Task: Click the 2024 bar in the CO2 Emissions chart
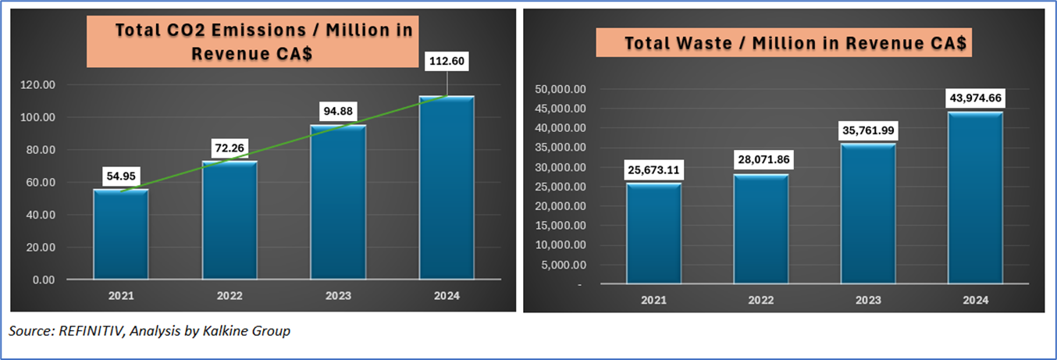[x=447, y=187]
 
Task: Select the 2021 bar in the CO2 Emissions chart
[x=121, y=234]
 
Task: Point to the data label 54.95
[x=121, y=176]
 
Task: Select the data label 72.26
[x=230, y=148]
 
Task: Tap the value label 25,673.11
[x=654, y=169]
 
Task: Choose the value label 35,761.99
[x=868, y=130]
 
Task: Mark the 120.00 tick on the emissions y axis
[x=37, y=84]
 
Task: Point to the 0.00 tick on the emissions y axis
[x=41, y=280]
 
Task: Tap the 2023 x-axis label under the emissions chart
[x=339, y=297]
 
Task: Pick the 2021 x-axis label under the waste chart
[x=653, y=301]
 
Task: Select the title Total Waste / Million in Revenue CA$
[x=785, y=43]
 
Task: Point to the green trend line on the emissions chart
[x=285, y=148]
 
